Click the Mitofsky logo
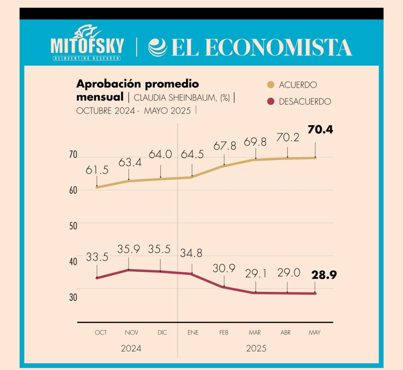pos(87,45)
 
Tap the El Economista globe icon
pos(157,47)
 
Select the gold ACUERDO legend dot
pos(271,85)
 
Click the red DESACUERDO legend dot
pos(271,102)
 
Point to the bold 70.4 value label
pos(320,130)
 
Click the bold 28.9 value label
pos(324,275)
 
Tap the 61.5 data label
pos(97,170)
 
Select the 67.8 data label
pos(224,146)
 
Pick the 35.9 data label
pos(129,249)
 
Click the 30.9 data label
pos(224,268)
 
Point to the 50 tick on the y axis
pos(73,226)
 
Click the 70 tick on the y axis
pos(73,155)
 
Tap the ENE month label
pos(193,333)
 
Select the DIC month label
pos(162,333)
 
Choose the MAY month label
pos(314,333)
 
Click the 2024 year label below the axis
pos(131,348)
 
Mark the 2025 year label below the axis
pos(256,348)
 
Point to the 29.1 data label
pos(256,274)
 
